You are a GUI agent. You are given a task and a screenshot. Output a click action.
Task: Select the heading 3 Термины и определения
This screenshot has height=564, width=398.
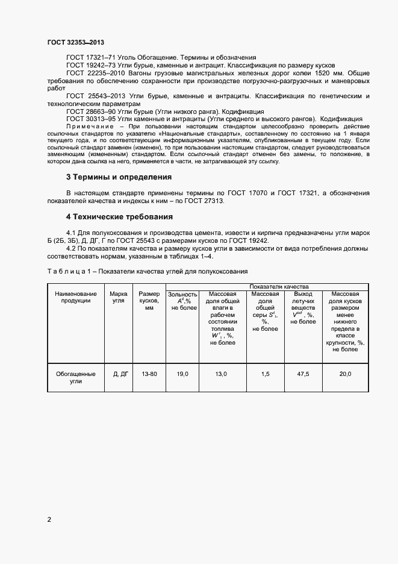pyautogui.click(x=119, y=177)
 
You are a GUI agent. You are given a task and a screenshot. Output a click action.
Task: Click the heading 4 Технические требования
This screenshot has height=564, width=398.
pyautogui.click(x=119, y=216)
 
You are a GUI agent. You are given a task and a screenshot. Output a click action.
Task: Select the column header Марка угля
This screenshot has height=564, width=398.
pyautogui.click(x=118, y=297)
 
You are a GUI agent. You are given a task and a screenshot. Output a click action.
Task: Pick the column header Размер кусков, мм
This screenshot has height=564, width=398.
pyautogui.click(x=149, y=301)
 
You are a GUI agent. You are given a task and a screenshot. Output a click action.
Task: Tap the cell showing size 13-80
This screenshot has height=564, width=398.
pyautogui.click(x=149, y=374)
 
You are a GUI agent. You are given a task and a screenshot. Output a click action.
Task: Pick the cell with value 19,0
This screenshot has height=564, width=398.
pyautogui.click(x=183, y=374)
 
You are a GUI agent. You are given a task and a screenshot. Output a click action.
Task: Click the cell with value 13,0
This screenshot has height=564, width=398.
pyautogui.click(x=221, y=374)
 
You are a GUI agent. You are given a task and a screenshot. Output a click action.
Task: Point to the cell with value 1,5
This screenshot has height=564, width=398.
pyautogui.click(x=265, y=374)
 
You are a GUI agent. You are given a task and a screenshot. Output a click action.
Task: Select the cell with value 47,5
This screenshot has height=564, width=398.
pyautogui.click(x=303, y=374)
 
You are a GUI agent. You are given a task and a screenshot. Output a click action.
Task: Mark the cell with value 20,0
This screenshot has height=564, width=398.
pyautogui.click(x=346, y=374)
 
